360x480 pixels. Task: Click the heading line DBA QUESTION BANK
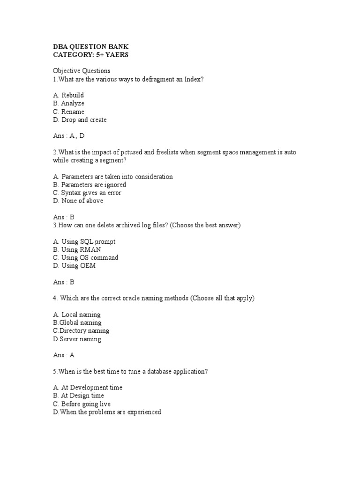pos(90,46)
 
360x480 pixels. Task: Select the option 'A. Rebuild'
pos(68,95)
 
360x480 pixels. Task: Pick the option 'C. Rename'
pos(68,112)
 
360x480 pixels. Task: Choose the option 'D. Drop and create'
pos(80,120)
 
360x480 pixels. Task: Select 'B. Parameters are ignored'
pos(90,185)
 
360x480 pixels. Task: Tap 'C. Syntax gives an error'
pos(87,193)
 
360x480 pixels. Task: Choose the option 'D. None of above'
pos(78,201)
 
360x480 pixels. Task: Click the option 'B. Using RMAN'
pos(77,249)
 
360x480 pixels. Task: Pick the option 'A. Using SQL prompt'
pos(84,241)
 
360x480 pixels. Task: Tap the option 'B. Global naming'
pos(77,322)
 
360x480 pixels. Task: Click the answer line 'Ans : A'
pos(64,355)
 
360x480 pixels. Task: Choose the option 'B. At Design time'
pos(78,396)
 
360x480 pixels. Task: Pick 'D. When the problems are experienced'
pos(107,412)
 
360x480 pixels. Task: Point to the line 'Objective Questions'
pos(82,71)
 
